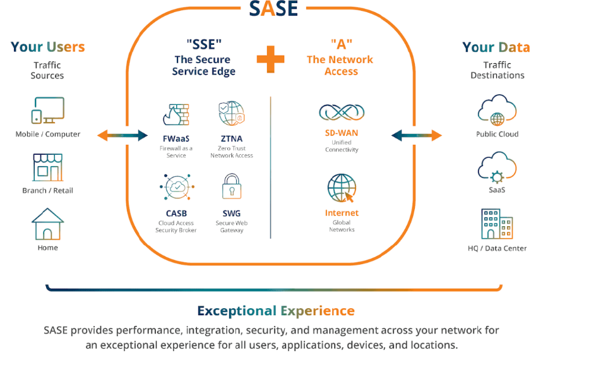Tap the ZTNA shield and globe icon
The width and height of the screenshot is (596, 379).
231,114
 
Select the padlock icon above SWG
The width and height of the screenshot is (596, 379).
231,188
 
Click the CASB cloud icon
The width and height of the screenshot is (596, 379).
176,188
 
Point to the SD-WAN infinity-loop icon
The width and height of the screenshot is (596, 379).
342,113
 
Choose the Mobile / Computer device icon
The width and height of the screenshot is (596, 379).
48,111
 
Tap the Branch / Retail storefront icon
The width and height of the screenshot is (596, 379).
48,167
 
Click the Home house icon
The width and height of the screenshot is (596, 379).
48,224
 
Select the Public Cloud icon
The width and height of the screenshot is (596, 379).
498,111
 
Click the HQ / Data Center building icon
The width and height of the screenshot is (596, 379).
498,224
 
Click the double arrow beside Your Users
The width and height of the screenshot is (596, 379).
123,135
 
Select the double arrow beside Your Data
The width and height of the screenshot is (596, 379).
417,135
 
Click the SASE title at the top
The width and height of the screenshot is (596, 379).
273,8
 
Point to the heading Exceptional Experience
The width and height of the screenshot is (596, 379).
276,311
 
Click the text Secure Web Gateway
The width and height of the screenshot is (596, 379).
232,227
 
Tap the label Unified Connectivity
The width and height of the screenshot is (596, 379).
342,147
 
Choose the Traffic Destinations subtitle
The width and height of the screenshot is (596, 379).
498,70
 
